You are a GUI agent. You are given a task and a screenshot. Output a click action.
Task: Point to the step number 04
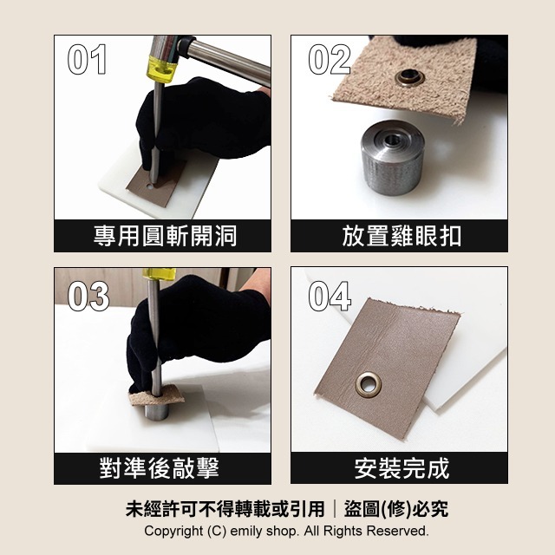[330, 296]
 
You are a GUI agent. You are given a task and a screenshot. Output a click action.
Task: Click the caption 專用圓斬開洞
[165, 235]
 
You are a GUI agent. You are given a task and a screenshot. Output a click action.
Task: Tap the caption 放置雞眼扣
[402, 235]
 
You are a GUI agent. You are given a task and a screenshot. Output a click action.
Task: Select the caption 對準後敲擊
[165, 469]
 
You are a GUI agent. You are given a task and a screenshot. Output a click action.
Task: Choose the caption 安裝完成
[402, 469]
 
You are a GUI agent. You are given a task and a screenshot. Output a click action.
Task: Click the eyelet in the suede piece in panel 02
[407, 79]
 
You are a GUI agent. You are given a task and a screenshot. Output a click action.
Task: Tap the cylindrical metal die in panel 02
[391, 156]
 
